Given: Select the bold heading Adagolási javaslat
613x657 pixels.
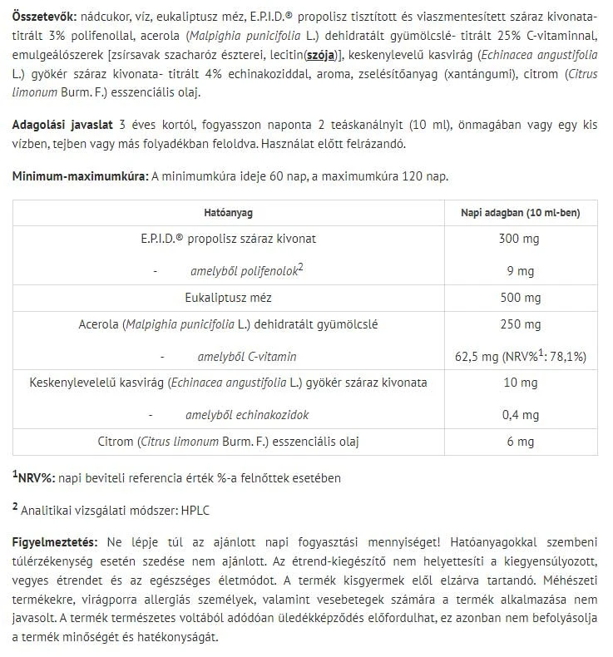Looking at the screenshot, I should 63,126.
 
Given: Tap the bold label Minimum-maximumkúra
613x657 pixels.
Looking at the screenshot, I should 78,178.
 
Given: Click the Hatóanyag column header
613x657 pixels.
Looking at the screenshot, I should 228,212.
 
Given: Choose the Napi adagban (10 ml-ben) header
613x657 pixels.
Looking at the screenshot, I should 520,212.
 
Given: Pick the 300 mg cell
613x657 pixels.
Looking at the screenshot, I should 520,239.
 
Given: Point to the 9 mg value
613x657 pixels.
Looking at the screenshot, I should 520,270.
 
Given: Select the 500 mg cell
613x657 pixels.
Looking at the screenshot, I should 520,297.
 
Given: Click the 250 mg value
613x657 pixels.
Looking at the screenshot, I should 520,324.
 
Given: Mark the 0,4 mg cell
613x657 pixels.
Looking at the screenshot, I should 520,414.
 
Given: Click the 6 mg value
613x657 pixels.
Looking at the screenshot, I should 520,442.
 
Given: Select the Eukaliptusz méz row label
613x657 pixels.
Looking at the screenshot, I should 228,297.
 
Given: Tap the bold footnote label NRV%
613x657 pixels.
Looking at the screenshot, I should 36,478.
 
